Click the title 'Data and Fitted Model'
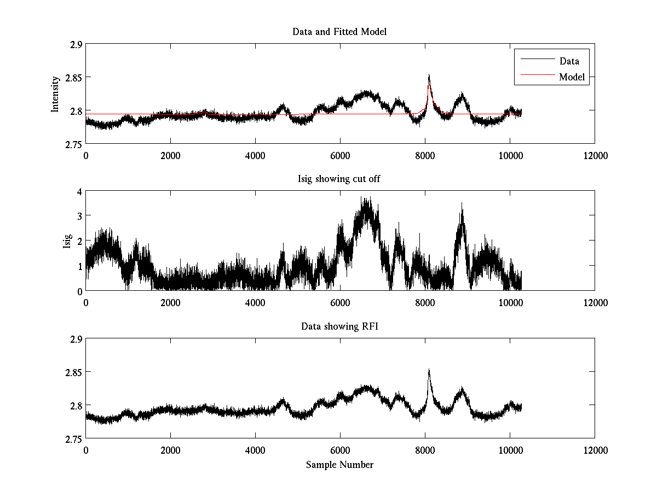[339, 32]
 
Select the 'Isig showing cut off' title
[339, 179]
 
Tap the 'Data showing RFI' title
[339, 326]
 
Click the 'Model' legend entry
[572, 77]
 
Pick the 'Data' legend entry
[569, 61]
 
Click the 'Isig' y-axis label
[67, 241]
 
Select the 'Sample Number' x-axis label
[339, 465]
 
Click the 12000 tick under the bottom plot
[595, 450]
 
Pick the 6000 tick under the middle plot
[340, 303]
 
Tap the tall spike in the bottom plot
[429, 371]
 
